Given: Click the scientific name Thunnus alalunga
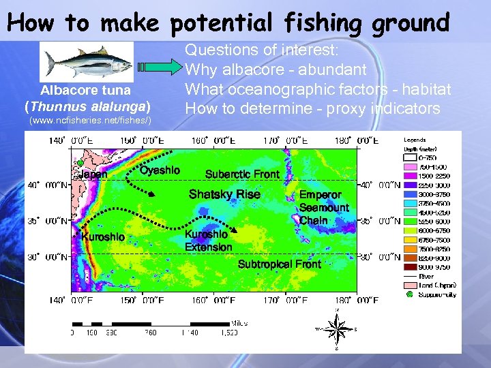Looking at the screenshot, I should coord(86,106).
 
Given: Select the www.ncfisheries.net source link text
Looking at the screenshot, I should coord(89,121).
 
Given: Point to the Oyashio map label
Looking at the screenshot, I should coord(160,170).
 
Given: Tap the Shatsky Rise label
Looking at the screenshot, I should coord(224,195).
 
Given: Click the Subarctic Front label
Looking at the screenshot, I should coord(242,174).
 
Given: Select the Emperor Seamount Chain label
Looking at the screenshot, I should coord(323,208).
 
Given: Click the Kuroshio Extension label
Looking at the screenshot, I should coord(209,241).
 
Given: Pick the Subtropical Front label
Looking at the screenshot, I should coord(279,264).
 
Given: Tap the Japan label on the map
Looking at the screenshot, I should coord(93,174).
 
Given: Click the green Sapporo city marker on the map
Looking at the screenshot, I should coord(80,162).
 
